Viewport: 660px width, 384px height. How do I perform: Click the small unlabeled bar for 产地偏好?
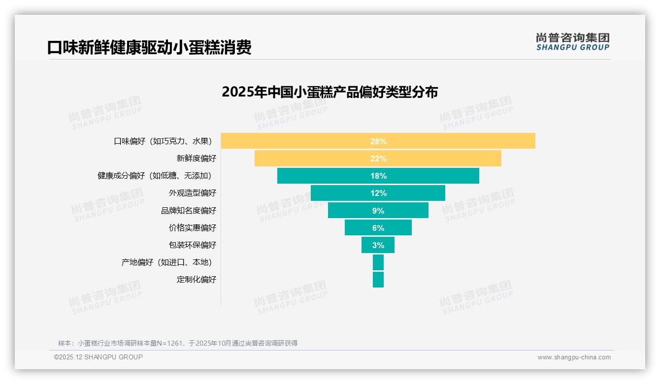[x=378, y=262]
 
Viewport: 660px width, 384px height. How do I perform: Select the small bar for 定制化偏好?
[x=378, y=280]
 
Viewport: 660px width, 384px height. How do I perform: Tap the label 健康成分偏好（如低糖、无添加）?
[x=157, y=176]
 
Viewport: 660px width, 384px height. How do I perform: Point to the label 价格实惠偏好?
[x=192, y=227]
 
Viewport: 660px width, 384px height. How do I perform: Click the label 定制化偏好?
[x=196, y=280]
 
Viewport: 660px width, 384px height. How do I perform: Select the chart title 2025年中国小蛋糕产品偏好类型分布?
[x=330, y=92]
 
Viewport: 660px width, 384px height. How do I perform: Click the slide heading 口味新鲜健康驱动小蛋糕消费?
[x=149, y=48]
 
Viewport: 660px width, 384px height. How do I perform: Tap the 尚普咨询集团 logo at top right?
[x=572, y=42]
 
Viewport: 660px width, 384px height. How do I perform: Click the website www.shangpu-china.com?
[x=574, y=357]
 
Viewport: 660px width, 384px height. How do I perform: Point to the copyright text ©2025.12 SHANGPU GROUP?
[x=98, y=357]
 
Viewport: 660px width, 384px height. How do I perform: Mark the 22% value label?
[x=378, y=159]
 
